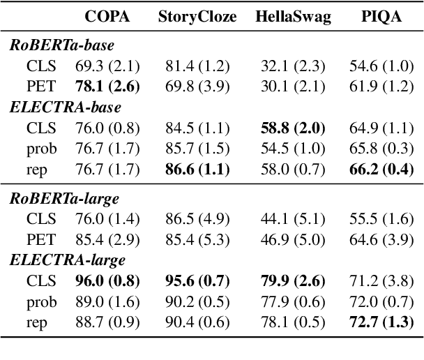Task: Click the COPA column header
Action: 107,16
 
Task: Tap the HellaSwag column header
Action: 288,16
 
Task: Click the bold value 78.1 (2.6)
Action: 107,87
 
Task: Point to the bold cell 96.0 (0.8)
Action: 107,281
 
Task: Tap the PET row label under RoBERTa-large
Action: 41,240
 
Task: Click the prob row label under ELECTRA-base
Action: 42,149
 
